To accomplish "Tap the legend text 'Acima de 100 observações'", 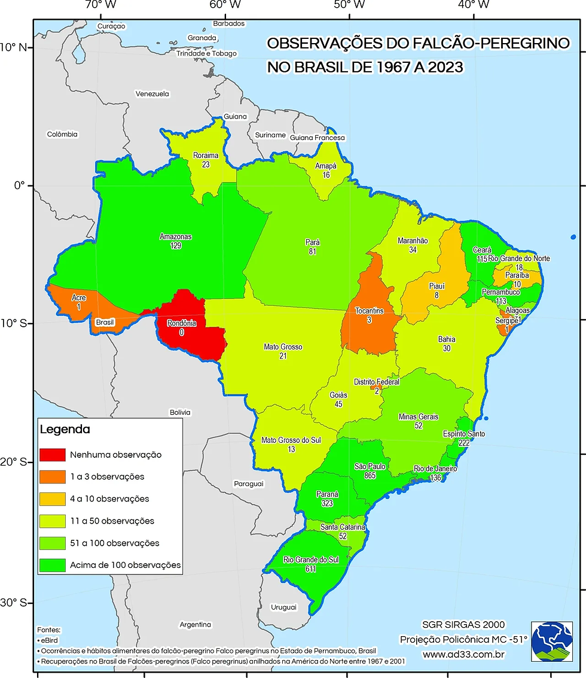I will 125,565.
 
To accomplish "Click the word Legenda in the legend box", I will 65,430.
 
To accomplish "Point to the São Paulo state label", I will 370,466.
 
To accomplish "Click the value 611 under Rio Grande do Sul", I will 310,569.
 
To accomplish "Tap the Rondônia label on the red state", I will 180,323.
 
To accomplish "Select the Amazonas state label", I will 175,236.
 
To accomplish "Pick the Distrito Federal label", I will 376,382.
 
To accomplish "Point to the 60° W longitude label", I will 225,5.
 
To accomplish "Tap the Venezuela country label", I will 152,94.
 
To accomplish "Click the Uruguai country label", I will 283,607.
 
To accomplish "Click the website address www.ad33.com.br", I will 464,654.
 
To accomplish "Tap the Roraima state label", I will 205,156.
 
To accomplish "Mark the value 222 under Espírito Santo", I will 464,443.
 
